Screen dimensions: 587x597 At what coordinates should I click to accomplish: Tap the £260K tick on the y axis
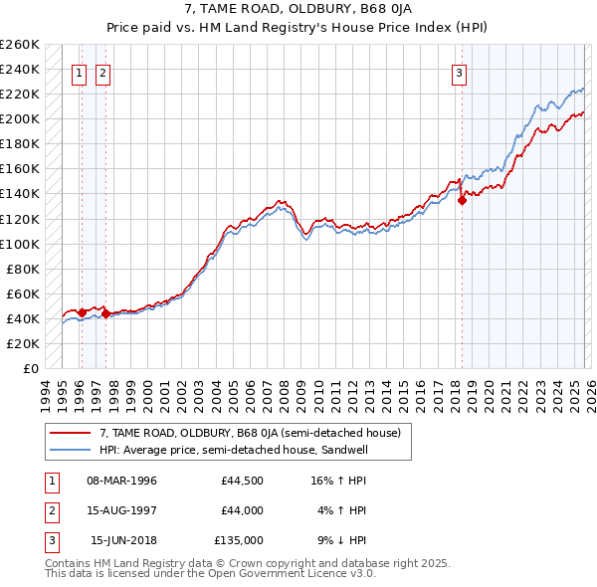coord(20,45)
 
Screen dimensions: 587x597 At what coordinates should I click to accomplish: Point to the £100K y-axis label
coord(20,244)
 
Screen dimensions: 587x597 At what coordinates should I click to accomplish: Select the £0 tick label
coord(30,368)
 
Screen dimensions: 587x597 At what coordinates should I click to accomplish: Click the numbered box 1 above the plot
coord(80,72)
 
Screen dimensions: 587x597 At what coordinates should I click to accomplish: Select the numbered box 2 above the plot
coord(103,72)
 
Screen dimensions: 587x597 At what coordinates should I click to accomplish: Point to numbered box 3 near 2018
coord(460,72)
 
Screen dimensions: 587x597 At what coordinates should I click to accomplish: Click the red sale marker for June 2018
coord(462,200)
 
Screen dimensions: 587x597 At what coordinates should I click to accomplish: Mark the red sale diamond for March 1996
coord(82,312)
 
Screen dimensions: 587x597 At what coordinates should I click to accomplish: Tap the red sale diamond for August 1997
coord(105,313)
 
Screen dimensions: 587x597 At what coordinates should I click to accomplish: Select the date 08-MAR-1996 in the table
coord(122,481)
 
